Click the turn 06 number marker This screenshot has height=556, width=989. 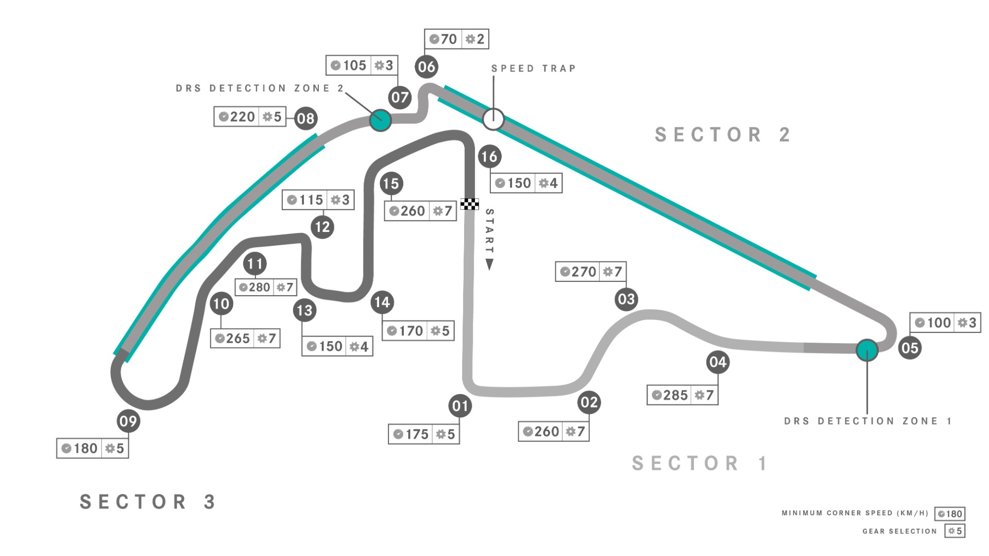(427, 66)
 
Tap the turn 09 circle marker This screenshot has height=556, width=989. (128, 421)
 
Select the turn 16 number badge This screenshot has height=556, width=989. (489, 156)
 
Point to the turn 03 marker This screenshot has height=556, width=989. (626, 299)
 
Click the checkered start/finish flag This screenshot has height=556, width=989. (469, 204)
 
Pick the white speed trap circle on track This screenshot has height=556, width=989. (493, 119)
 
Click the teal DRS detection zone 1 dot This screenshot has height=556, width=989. (867, 350)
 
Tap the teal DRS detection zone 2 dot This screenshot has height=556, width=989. (380, 121)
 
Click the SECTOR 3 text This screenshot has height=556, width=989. (148, 501)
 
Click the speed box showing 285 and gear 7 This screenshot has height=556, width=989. (683, 395)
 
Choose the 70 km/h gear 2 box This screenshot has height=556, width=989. (456, 39)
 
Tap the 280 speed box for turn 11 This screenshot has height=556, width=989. (266, 287)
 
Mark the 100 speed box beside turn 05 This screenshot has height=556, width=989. (945, 323)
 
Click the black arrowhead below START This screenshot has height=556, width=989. (489, 265)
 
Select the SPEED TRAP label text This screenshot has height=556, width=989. (533, 69)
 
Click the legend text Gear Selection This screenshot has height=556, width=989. (899, 531)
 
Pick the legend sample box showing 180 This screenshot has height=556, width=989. (949, 514)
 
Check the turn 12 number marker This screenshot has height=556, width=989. (322, 227)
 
